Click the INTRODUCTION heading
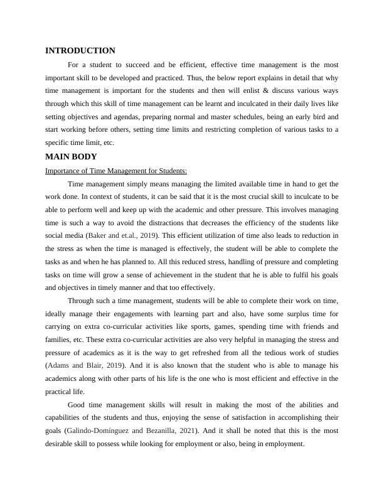(80, 51)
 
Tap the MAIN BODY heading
(71, 157)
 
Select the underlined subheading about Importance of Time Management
(116, 171)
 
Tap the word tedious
(270, 353)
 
